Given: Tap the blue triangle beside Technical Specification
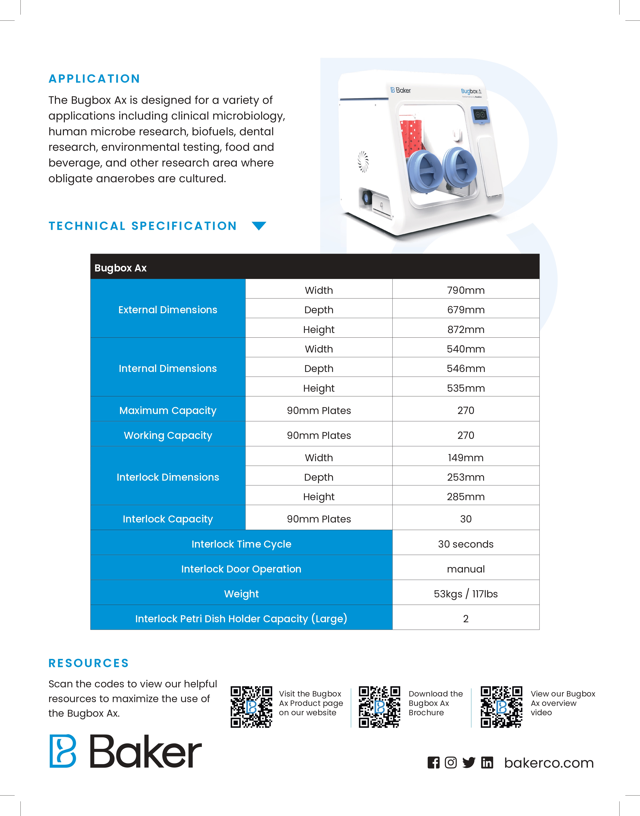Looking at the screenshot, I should tap(259, 225).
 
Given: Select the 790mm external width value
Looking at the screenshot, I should tap(465, 290).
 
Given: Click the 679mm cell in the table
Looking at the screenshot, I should tap(465, 310).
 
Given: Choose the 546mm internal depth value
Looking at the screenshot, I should tap(465, 369).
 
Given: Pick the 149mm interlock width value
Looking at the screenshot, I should tap(465, 458).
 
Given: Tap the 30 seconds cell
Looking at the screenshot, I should tap(465, 544).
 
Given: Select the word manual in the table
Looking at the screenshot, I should tap(465, 569).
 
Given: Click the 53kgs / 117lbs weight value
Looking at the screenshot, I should tap(465, 594).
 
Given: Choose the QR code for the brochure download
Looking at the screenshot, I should tap(379, 707).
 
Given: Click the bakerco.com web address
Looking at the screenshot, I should tap(549, 763).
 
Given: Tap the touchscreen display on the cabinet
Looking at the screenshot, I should tap(480, 115).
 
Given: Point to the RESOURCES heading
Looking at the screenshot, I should tap(89, 663).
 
